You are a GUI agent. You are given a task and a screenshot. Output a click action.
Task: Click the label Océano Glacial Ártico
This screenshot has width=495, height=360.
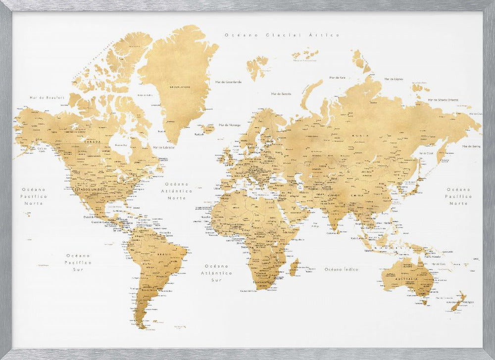pyautogui.click(x=282, y=35)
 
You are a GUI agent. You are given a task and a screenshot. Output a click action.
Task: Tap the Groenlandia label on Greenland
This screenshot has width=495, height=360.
pyautogui.click(x=179, y=86)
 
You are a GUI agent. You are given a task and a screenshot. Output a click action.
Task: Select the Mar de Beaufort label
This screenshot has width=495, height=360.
pyautogui.click(x=47, y=98)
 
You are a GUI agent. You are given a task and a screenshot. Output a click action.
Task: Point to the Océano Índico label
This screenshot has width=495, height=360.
pyautogui.click(x=341, y=269)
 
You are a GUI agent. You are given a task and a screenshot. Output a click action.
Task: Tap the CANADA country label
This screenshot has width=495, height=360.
pyautogui.click(x=94, y=142)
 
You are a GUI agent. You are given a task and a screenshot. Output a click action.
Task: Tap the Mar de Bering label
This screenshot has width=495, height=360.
pyautogui.click(x=471, y=146)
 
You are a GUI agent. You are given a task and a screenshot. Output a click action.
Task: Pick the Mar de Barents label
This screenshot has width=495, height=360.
pyautogui.click(x=281, y=93)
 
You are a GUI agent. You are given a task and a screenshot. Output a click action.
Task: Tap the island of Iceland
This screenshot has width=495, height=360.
pyautogui.click(x=208, y=129)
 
